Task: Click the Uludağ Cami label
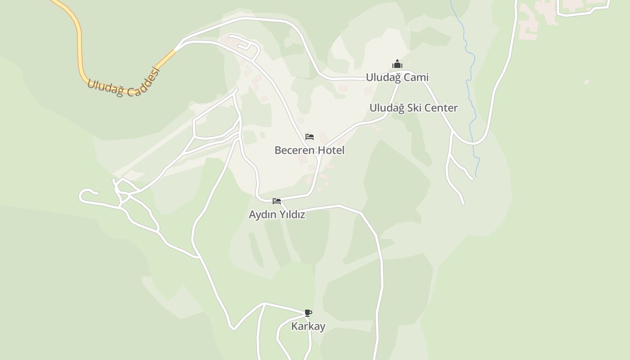point(397,77)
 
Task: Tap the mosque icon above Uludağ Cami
point(397,64)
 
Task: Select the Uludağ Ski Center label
point(413,108)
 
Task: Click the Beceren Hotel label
point(309,150)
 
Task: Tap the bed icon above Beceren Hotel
point(309,137)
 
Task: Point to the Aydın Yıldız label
point(277,215)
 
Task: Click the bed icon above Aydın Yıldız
point(277,201)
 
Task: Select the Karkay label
point(308,326)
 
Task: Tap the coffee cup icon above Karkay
point(308,313)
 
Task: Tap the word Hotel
point(331,150)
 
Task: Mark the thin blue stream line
point(471,90)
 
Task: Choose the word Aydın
point(263,215)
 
